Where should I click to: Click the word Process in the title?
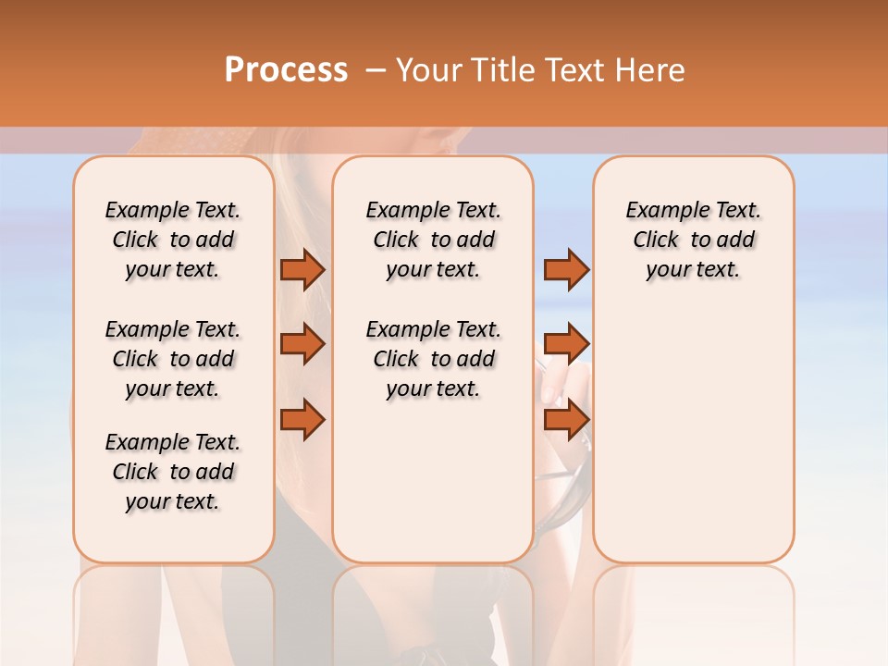pyautogui.click(x=286, y=69)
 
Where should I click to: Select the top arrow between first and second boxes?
pyautogui.click(x=302, y=269)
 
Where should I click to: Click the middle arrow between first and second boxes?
pyautogui.click(x=302, y=344)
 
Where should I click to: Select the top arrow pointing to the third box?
pyautogui.click(x=566, y=269)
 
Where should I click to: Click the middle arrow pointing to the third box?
pyautogui.click(x=566, y=344)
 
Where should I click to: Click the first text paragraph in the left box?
pyautogui.click(x=173, y=240)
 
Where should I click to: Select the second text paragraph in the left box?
pyautogui.click(x=173, y=359)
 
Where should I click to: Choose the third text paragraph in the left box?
pyautogui.click(x=173, y=472)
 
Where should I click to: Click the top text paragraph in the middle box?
pyautogui.click(x=433, y=240)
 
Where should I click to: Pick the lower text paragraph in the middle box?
pyautogui.click(x=433, y=359)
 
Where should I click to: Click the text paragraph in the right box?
pyautogui.click(x=693, y=240)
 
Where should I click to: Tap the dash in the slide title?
pyautogui.click(x=376, y=70)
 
